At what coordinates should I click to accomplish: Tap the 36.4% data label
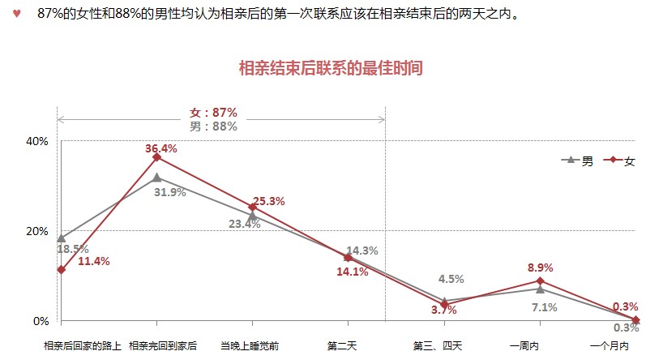click(161, 148)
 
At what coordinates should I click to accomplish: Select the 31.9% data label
click(170, 192)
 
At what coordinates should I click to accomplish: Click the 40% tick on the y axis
click(38, 141)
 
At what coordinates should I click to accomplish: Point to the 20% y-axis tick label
click(38, 231)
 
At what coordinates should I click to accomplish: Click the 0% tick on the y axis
click(41, 321)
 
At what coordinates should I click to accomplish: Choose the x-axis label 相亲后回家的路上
click(83, 346)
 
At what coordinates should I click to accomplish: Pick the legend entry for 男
click(578, 161)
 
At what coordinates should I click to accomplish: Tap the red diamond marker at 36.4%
click(156, 157)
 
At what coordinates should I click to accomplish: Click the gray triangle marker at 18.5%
click(61, 238)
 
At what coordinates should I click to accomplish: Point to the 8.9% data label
click(540, 267)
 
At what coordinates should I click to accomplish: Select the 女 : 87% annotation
click(213, 113)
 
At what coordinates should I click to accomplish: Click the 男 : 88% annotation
click(213, 126)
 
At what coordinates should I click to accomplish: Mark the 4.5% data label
click(451, 279)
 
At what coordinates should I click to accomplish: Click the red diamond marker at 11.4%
click(61, 269)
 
